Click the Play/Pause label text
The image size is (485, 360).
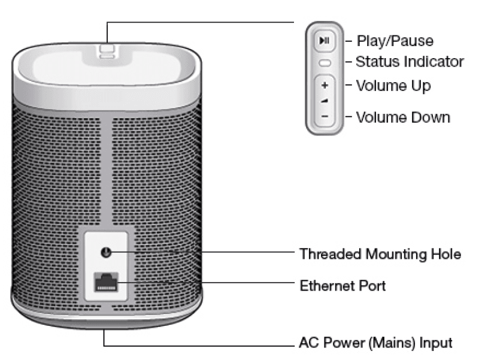(x=395, y=41)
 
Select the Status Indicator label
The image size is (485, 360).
(x=410, y=62)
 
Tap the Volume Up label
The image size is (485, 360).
(x=393, y=86)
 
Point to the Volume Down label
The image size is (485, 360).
(x=402, y=117)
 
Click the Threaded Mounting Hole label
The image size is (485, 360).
(x=380, y=255)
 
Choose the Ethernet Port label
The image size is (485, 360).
(x=342, y=286)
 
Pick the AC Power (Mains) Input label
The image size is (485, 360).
(x=375, y=344)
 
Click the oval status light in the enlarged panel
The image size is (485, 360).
(x=324, y=62)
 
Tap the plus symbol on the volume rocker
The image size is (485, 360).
(x=324, y=86)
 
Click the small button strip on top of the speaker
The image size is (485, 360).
(x=106, y=49)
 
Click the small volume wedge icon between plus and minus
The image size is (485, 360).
(x=324, y=100)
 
